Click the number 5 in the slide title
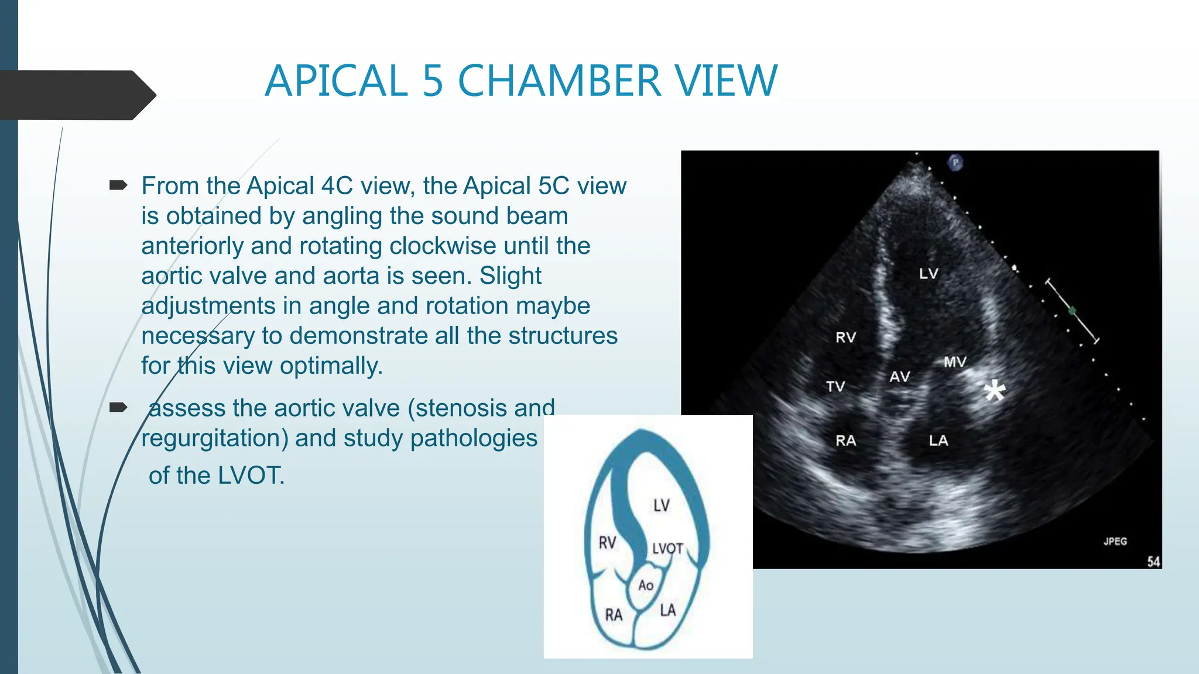[433, 81]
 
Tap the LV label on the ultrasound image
[929, 273]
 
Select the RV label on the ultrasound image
[845, 337]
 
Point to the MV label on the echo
[955, 362]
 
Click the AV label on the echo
[900, 377]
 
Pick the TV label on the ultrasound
[835, 386]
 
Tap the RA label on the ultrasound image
[846, 441]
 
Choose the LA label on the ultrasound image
[938, 441]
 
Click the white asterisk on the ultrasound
[994, 391]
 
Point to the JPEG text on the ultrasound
[1115, 541]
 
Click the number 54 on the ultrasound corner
[1153, 562]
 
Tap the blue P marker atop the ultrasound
[955, 162]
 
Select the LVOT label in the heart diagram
[667, 548]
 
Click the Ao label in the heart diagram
[646, 585]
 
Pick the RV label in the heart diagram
[607, 543]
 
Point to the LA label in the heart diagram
[667, 610]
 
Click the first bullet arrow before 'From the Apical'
[118, 186]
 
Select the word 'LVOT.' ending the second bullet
[251, 475]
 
